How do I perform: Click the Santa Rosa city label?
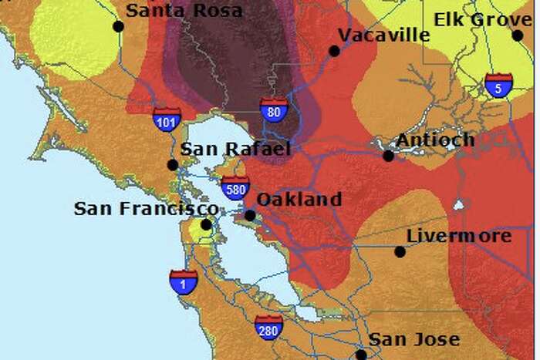coord(184,11)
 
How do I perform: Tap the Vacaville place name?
coord(383,35)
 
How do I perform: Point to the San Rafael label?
coord(235,149)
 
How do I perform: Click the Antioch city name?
coord(435,140)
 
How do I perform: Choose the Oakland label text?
coord(299,200)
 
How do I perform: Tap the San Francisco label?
coord(146,209)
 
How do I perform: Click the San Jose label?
coord(413,339)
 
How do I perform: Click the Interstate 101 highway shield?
coord(167,119)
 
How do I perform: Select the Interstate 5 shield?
coord(498,86)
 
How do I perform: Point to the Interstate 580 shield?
coord(235,187)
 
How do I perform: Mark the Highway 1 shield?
coord(184,281)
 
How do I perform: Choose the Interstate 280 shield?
coord(268,327)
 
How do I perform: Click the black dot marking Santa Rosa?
coord(118,26)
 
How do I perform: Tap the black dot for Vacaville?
coord(334,51)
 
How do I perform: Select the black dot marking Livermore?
coord(400,251)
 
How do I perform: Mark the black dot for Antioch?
coord(388,156)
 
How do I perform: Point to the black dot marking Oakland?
coord(250,215)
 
